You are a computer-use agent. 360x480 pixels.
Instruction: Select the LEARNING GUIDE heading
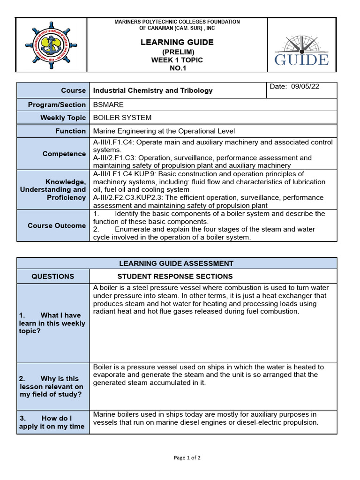click(177, 43)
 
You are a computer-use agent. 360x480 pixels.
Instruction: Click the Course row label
click(74, 90)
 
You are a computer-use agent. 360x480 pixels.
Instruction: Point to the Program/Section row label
click(57, 105)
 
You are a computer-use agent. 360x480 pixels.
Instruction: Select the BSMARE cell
click(108, 105)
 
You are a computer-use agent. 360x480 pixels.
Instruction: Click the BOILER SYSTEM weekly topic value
click(122, 118)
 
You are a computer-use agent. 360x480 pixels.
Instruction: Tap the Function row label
click(71, 131)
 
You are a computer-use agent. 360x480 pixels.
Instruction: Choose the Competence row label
click(64, 154)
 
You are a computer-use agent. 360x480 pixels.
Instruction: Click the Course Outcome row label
click(57, 225)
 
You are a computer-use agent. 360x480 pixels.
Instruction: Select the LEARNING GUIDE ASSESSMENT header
click(176, 263)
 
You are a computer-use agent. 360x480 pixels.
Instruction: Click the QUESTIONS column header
click(53, 277)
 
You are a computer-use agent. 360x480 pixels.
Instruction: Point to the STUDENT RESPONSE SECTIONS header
click(175, 277)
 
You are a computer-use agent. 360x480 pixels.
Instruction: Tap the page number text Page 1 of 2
click(187, 458)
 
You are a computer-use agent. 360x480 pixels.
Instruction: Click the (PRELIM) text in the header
click(177, 52)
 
